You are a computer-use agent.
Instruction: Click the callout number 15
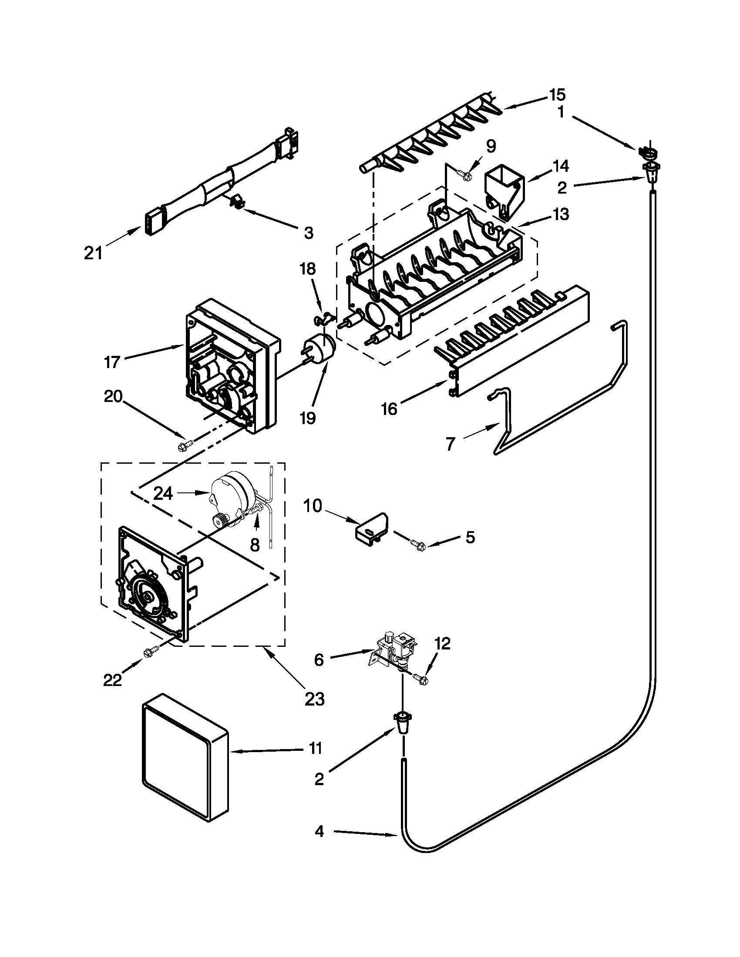tap(558, 95)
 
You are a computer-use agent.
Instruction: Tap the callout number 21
tap(94, 253)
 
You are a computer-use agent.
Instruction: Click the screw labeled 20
tap(182, 447)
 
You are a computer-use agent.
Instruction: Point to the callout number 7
tap(451, 443)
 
